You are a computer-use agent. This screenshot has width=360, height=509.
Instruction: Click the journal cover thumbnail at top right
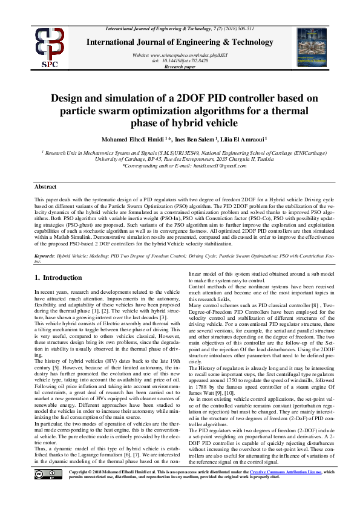311,47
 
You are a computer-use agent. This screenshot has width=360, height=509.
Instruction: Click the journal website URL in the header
180,55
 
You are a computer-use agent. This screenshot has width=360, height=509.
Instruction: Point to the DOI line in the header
180,60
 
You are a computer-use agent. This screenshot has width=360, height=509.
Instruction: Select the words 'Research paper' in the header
180,66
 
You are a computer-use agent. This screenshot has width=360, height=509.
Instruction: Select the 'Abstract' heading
45,187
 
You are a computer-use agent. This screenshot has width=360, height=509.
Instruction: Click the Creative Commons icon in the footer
53,488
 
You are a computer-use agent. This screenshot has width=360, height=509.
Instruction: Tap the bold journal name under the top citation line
180,41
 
